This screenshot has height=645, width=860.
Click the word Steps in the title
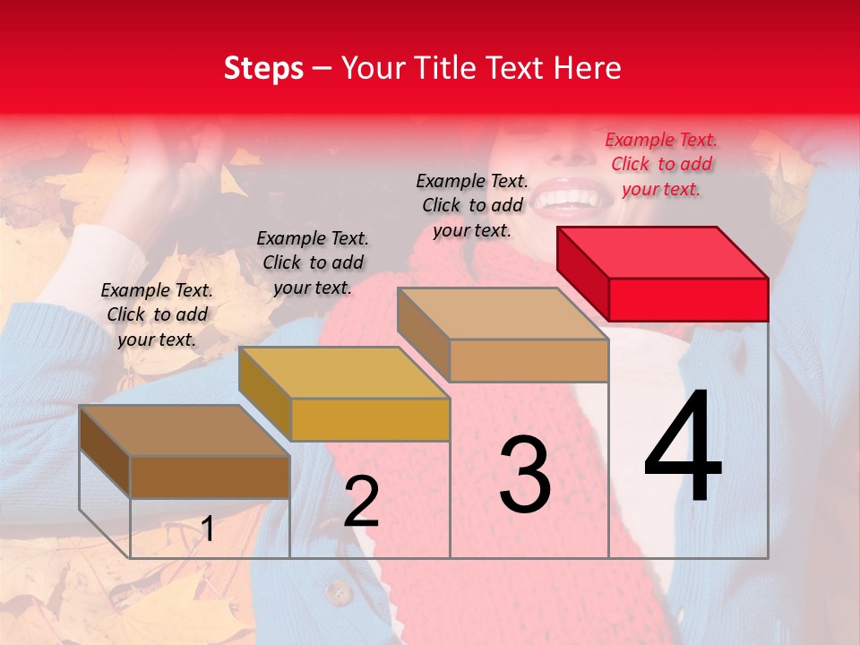[263, 68]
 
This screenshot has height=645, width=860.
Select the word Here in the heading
[585, 68]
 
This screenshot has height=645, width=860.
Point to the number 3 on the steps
[525, 474]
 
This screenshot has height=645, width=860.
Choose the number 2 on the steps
[361, 502]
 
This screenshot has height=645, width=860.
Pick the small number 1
[208, 529]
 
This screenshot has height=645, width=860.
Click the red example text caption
[661, 164]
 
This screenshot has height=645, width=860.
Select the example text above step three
[472, 205]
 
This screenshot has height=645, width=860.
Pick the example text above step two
[313, 262]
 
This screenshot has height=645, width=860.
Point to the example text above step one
[157, 314]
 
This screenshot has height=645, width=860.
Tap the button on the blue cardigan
[338, 591]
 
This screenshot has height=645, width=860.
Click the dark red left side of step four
[582, 272]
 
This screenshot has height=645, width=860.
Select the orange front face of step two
[370, 419]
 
